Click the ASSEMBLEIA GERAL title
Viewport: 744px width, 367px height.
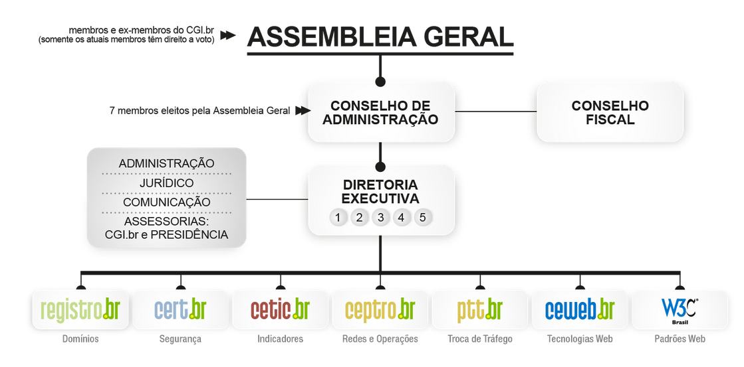click(380, 37)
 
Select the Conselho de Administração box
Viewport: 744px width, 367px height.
click(380, 113)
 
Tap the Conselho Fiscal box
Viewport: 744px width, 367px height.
click(610, 113)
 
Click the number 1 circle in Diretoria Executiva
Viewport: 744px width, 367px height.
click(338, 217)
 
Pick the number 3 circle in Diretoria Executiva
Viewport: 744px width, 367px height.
click(380, 217)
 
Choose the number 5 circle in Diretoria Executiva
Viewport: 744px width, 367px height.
click(423, 217)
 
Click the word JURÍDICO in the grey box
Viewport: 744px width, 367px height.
click(166, 183)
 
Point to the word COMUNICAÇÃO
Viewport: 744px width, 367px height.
click(166, 202)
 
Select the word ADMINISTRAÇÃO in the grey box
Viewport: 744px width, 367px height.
click(166, 163)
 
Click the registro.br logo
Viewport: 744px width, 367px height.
click(80, 310)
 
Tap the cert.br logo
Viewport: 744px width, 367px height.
click(180, 310)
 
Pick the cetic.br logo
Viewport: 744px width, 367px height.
click(280, 310)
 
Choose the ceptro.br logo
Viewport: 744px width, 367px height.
click(380, 310)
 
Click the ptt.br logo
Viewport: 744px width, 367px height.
click(479, 310)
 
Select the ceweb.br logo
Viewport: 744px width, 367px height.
click(579, 310)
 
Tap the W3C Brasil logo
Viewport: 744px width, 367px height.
click(679, 310)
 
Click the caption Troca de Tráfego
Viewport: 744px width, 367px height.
click(480, 339)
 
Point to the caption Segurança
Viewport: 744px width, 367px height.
click(180, 339)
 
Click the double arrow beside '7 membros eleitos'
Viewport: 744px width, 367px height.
click(303, 111)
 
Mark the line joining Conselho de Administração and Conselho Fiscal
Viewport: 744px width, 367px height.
click(495, 111)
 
